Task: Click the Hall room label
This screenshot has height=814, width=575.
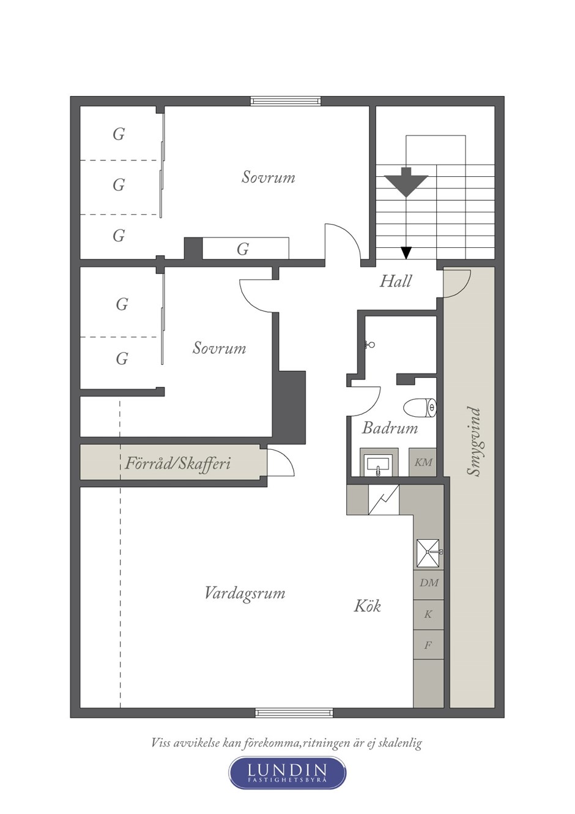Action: click(396, 282)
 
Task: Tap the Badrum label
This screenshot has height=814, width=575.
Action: click(390, 428)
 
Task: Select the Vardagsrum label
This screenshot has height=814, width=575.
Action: click(245, 594)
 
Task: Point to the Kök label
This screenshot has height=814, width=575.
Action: click(368, 606)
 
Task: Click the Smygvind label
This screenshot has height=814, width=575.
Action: click(475, 441)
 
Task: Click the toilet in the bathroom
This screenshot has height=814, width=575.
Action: click(420, 408)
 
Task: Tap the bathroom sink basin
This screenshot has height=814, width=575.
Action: click(379, 464)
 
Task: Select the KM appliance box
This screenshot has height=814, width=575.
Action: click(423, 462)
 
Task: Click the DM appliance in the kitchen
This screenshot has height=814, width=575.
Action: click(429, 583)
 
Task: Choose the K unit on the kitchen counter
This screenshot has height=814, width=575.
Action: click(429, 614)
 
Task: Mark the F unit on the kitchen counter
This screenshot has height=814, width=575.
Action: click(429, 645)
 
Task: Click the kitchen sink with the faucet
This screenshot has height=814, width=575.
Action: click(429, 553)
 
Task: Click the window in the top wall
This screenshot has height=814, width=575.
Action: click(286, 101)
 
